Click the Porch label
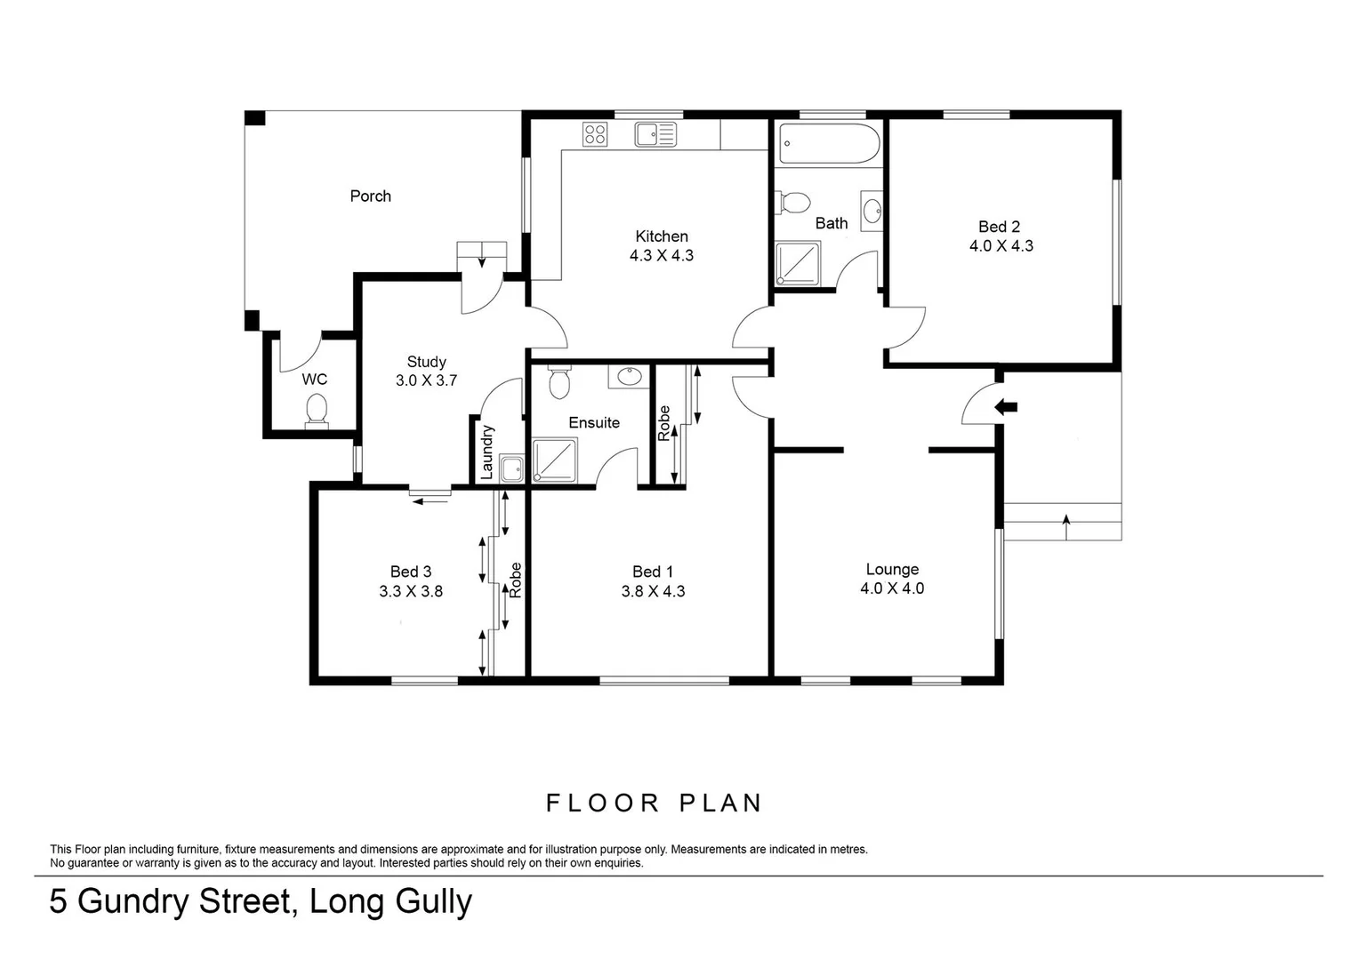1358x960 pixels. click(370, 196)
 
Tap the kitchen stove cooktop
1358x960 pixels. click(595, 134)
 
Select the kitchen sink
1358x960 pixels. click(655, 134)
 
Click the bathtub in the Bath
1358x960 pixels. click(829, 143)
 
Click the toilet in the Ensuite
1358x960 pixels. click(559, 383)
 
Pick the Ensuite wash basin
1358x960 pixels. click(630, 376)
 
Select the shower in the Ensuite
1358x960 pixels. click(556, 460)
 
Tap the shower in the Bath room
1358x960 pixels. click(798, 265)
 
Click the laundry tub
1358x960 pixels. click(510, 468)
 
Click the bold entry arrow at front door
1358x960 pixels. click(1006, 407)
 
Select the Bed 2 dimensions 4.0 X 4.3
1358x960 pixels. click(1000, 246)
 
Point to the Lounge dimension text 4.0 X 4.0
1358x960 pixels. click(892, 588)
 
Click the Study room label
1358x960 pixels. click(426, 362)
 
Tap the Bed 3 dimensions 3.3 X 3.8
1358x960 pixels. click(410, 591)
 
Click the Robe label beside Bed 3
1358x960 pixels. click(515, 580)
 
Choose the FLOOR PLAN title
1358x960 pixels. click(654, 804)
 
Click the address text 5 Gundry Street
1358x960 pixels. click(170, 902)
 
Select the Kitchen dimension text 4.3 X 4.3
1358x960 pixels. click(661, 256)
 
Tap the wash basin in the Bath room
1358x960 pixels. click(872, 210)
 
